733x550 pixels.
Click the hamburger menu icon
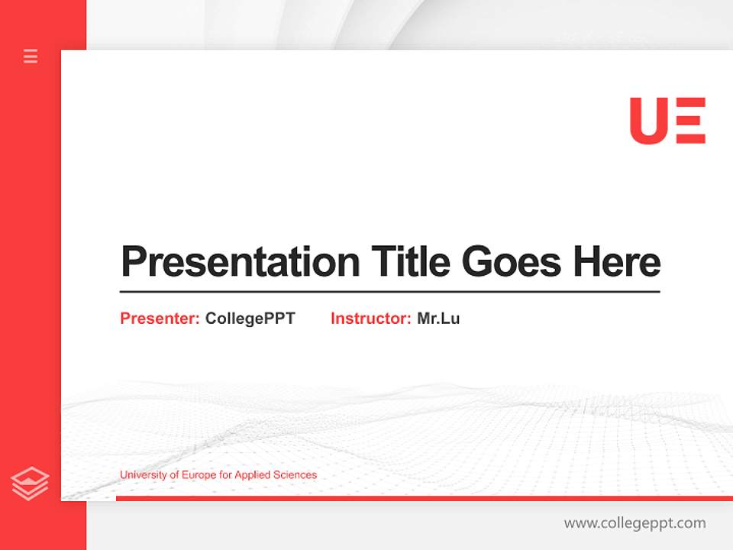coord(31,56)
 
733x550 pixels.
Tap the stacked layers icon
coord(30,484)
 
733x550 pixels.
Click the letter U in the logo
coord(648,121)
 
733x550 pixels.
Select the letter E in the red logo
coord(691,121)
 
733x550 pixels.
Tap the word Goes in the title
coord(512,262)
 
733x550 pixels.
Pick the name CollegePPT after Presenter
coord(250,319)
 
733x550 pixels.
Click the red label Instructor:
coord(371,319)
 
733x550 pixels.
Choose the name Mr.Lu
coord(438,319)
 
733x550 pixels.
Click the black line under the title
coord(389,292)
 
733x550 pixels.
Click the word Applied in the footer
coord(251,475)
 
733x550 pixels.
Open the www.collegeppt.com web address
coord(635,523)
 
